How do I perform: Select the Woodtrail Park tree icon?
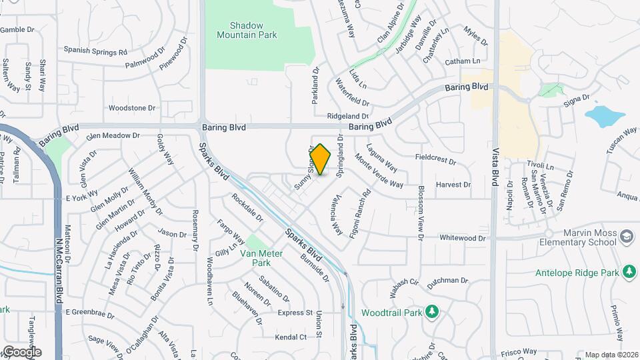click(432, 311)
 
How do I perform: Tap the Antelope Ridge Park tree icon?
click(628, 271)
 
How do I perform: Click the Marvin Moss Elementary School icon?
click(626, 236)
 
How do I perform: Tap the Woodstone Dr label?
click(131, 107)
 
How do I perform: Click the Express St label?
click(295, 313)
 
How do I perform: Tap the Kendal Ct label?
click(291, 337)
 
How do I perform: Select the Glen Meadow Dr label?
click(113, 135)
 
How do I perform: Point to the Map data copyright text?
click(611, 355)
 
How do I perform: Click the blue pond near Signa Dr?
click(603, 115)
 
